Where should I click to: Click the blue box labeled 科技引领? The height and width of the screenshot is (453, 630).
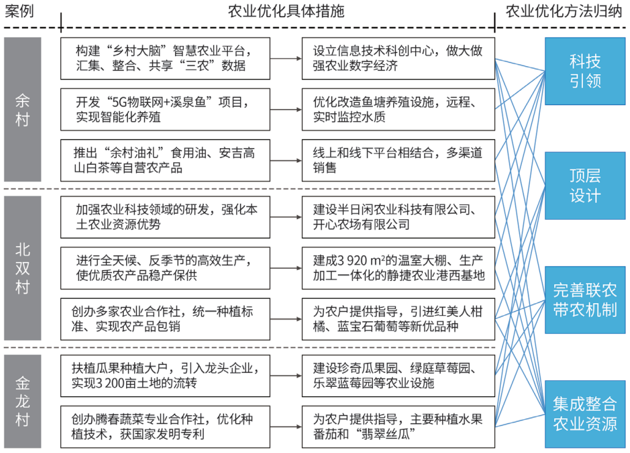click(585, 71)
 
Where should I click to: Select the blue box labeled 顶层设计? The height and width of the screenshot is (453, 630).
click(585, 185)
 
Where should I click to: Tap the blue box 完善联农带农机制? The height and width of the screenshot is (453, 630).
click(585, 299)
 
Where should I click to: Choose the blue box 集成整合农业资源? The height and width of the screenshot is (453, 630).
click(585, 414)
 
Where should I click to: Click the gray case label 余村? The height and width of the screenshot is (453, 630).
click(23, 109)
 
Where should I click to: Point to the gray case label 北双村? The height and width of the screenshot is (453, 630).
click(23, 268)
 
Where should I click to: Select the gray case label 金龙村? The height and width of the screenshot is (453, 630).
click(23, 401)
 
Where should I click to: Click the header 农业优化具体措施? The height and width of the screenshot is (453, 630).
click(286, 11)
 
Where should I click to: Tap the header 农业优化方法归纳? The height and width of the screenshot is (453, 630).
click(564, 11)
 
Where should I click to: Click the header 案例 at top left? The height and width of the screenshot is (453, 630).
click(19, 11)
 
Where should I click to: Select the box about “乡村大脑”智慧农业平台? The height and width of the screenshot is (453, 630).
click(165, 58)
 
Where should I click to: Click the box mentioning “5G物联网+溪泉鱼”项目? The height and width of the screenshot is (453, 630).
click(165, 109)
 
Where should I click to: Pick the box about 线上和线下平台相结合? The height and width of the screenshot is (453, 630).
click(398, 160)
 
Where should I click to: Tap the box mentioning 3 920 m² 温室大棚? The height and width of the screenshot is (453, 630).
click(398, 268)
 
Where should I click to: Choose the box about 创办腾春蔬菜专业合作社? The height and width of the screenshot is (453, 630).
click(165, 427)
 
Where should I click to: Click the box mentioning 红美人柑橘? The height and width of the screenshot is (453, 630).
click(398, 319)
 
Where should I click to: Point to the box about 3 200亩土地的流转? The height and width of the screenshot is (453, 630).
click(165, 376)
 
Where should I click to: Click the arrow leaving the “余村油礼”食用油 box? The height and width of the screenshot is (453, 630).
click(286, 160)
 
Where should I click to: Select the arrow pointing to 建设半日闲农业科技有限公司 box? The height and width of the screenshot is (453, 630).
click(286, 217)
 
